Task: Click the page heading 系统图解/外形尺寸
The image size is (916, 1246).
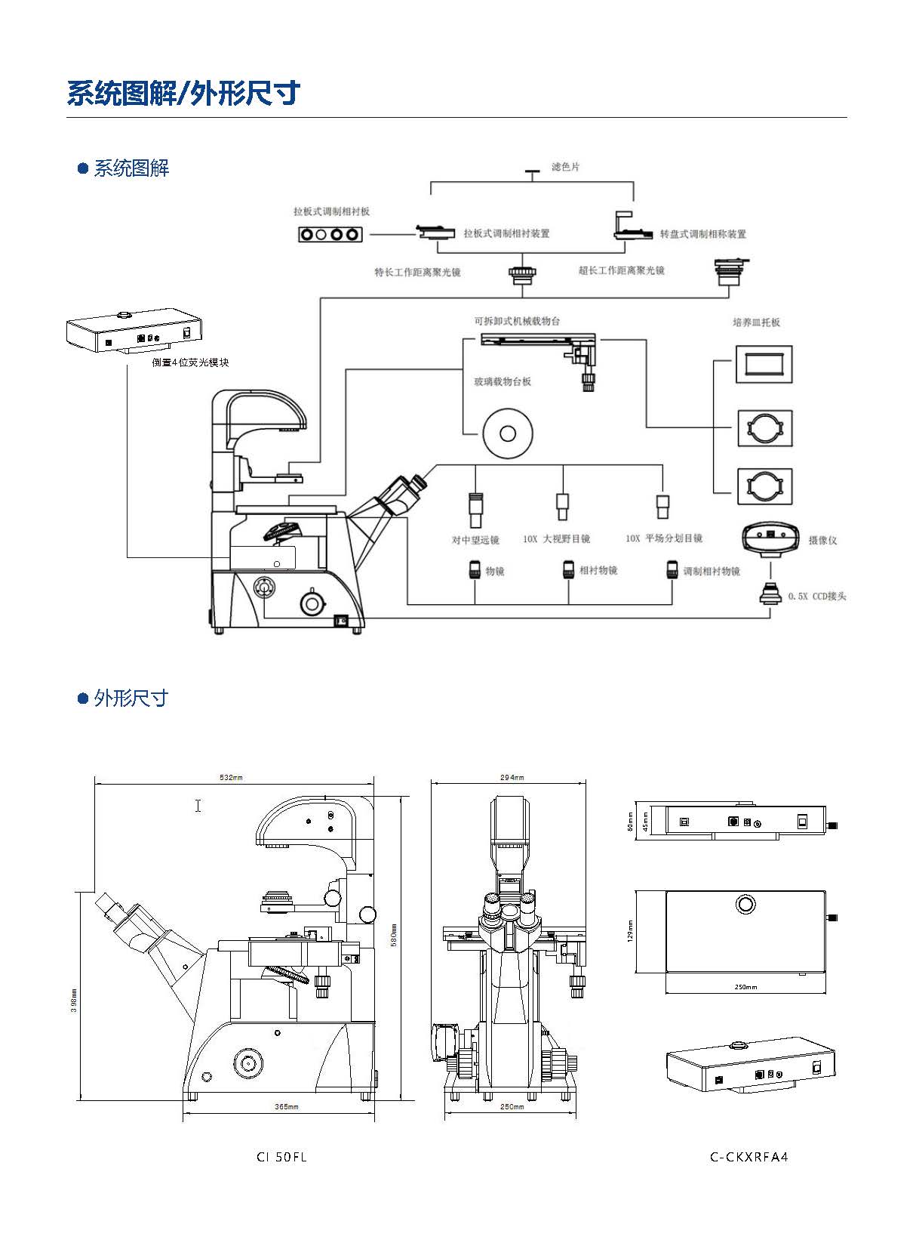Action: tap(183, 93)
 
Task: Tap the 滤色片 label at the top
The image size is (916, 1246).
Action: tap(565, 166)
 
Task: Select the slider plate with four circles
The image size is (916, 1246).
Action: tap(330, 234)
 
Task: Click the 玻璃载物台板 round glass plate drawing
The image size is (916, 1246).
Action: tap(508, 433)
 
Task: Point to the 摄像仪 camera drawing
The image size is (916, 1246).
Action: tap(770, 538)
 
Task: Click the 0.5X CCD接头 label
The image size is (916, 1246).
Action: tap(817, 596)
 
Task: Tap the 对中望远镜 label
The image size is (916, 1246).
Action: tap(475, 540)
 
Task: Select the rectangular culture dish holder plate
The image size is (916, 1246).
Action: tap(764, 365)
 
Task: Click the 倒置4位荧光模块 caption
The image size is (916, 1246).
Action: tap(190, 362)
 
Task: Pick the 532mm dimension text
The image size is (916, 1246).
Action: tap(232, 777)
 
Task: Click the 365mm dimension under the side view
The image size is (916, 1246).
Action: tap(287, 1107)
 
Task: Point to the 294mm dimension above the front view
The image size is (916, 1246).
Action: tap(512, 777)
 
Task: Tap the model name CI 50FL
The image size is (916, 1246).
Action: tap(281, 1157)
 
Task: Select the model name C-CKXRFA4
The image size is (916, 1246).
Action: tap(748, 1157)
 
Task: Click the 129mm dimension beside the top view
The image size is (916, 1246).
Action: tap(630, 930)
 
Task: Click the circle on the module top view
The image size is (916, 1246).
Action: tap(745, 904)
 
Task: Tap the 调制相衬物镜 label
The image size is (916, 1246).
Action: tap(711, 572)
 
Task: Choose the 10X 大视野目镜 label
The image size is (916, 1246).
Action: tap(556, 539)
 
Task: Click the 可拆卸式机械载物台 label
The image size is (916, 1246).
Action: tap(517, 321)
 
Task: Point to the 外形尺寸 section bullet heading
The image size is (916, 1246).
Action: tap(130, 698)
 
